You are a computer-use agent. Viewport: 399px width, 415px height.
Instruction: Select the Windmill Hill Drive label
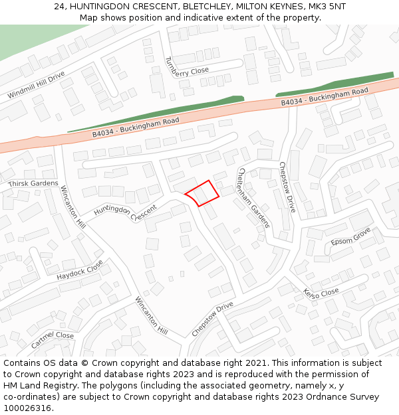[37, 85]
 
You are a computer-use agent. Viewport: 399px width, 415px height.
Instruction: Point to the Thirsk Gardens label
[33, 183]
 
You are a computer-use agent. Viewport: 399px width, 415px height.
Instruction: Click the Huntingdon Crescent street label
[125, 212]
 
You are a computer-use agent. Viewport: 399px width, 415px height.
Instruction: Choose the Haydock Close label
[80, 270]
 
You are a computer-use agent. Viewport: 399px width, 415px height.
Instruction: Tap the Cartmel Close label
[53, 340]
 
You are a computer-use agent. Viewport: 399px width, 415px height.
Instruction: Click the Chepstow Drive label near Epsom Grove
[287, 187]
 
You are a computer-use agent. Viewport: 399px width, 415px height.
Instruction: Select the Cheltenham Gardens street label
[253, 197]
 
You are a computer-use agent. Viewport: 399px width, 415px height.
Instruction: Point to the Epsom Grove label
[350, 236]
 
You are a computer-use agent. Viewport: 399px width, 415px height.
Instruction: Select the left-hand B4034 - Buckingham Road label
[136, 127]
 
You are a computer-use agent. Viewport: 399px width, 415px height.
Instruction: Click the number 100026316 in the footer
[27, 408]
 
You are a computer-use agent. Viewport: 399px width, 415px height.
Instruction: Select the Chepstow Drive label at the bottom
[213, 318]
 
